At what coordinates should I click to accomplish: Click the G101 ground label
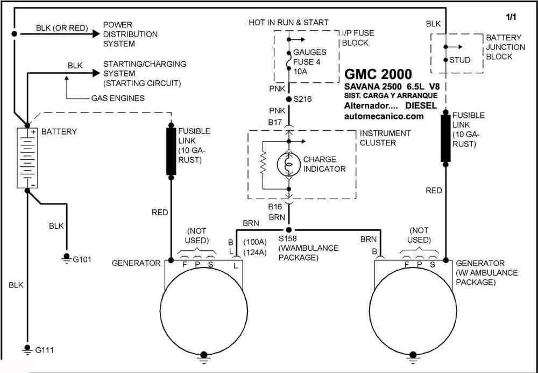click(x=82, y=259)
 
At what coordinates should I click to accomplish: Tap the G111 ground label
click(x=45, y=350)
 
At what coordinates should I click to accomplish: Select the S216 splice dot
click(x=289, y=100)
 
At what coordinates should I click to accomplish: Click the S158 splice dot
click(x=289, y=230)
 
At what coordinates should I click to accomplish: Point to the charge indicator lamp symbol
click(x=289, y=165)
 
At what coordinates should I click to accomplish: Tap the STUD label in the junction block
click(x=460, y=60)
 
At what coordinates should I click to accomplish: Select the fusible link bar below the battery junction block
click(x=445, y=138)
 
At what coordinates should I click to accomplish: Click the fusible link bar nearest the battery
click(x=171, y=151)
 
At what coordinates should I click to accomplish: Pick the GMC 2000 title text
click(x=378, y=74)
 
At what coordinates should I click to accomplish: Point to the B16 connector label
click(x=275, y=207)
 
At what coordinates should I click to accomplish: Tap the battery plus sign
click(x=33, y=132)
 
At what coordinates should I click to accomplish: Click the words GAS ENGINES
click(x=118, y=98)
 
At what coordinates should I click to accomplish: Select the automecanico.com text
click(x=384, y=116)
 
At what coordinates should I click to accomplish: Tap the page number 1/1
click(x=511, y=17)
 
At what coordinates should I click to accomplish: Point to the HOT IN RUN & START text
click(x=288, y=23)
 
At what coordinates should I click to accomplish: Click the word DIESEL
click(x=421, y=105)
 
